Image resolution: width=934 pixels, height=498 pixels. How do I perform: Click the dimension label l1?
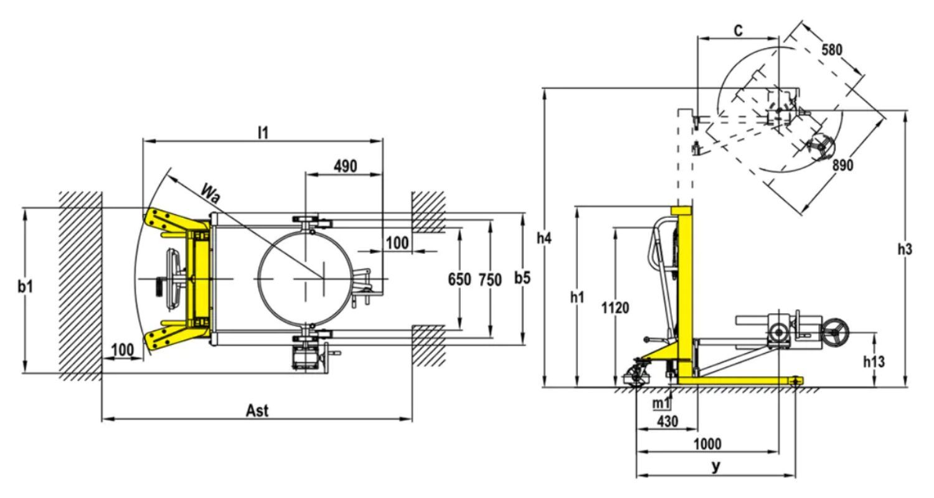[x=263, y=133]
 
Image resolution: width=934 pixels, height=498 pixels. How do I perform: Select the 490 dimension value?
[x=346, y=166]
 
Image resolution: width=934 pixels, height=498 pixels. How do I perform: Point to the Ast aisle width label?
[x=257, y=411]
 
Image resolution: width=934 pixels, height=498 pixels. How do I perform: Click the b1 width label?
[x=26, y=286]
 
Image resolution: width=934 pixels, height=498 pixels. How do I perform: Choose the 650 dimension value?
[x=460, y=280]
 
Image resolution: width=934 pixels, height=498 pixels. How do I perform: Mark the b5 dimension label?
[x=522, y=278]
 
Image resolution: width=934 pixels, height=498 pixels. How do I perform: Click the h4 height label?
[x=544, y=238]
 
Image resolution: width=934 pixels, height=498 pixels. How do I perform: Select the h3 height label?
[x=905, y=250]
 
